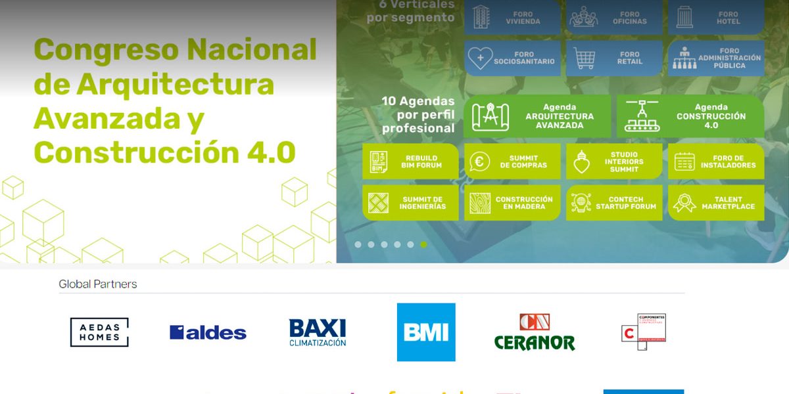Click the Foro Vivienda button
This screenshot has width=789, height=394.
pyautogui.click(x=512, y=17)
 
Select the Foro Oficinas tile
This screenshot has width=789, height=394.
pyautogui.click(x=614, y=17)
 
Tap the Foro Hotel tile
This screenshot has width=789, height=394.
pyautogui.click(x=716, y=17)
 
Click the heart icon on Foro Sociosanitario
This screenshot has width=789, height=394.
pyautogui.click(x=480, y=58)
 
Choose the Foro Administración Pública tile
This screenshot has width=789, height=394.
pyautogui.click(x=716, y=58)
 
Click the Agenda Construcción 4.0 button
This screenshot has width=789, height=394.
pyautogui.click(x=690, y=116)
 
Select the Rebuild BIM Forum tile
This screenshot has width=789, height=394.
pyautogui.click(x=410, y=162)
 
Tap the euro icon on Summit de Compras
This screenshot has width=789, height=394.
pyautogui.click(x=480, y=162)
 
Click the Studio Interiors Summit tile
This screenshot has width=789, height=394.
pyautogui.click(x=614, y=162)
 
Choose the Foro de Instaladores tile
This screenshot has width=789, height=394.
pyautogui.click(x=716, y=162)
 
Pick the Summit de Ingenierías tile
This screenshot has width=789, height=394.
pyautogui.click(x=410, y=203)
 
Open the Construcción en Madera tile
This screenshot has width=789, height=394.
pyautogui.click(x=512, y=203)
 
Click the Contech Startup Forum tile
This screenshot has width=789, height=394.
pyautogui.click(x=614, y=203)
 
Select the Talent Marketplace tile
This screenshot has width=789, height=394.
pyautogui.click(x=716, y=203)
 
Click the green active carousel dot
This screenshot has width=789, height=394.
pyautogui.click(x=423, y=244)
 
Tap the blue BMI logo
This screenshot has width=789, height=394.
pyautogui.click(x=426, y=332)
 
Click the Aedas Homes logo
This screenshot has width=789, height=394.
pyautogui.click(x=99, y=332)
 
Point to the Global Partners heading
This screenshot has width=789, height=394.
pyautogui.click(x=98, y=284)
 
